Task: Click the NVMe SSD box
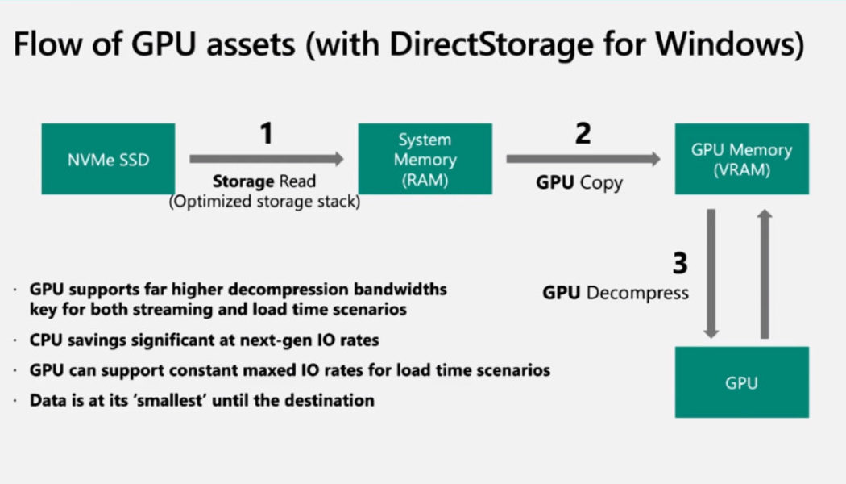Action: click(x=107, y=159)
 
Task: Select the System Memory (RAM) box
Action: click(x=425, y=159)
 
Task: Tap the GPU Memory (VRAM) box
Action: click(x=741, y=159)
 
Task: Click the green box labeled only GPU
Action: click(x=741, y=382)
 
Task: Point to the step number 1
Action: click(x=265, y=133)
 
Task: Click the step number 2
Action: click(x=582, y=133)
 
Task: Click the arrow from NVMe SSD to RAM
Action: click(x=266, y=159)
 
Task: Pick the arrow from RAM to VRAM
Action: click(x=583, y=159)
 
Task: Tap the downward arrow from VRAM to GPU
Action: click(x=711, y=273)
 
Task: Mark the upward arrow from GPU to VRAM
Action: click(x=765, y=273)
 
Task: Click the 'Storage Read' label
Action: click(x=263, y=182)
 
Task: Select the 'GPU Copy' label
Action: click(x=579, y=183)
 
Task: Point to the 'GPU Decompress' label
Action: click(x=616, y=293)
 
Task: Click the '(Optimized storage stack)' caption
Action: click(x=264, y=202)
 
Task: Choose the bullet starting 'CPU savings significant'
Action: click(x=205, y=340)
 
